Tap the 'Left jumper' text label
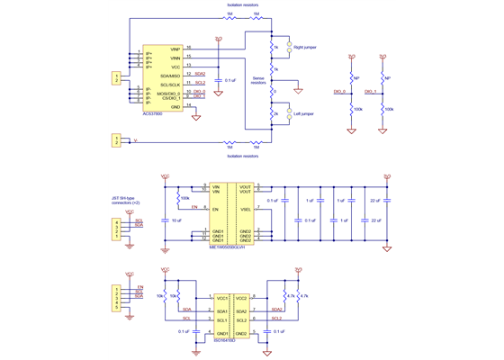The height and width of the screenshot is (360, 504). (x=304, y=114)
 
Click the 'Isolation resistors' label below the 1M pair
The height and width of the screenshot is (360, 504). (x=243, y=156)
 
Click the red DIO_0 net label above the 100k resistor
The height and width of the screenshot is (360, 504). (x=340, y=92)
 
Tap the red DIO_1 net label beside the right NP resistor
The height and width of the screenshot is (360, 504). (x=370, y=92)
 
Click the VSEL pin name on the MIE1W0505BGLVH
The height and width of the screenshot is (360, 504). (x=245, y=207)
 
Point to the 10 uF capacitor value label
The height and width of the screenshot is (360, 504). (x=177, y=220)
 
